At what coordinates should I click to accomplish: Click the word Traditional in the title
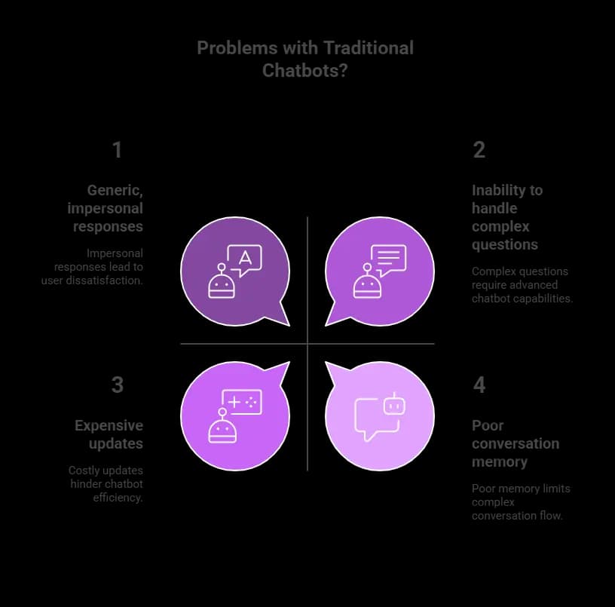tap(369, 48)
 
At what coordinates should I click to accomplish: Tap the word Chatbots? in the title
tap(304, 71)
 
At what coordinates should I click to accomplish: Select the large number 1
tap(117, 150)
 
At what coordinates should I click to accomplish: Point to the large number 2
tap(479, 150)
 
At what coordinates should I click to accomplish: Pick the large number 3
tap(118, 385)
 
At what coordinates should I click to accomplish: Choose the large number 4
tap(479, 385)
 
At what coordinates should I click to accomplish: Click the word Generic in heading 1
tap(115, 190)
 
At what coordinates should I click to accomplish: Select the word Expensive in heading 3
tap(109, 425)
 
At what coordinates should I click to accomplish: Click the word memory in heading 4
tap(500, 461)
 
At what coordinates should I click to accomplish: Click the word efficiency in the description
tap(117, 498)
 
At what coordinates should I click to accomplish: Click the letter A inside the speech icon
tap(245, 258)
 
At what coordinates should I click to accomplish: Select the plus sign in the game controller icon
tap(234, 402)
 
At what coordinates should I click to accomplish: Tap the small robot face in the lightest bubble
tap(394, 406)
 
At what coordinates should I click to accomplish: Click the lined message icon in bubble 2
tap(388, 259)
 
